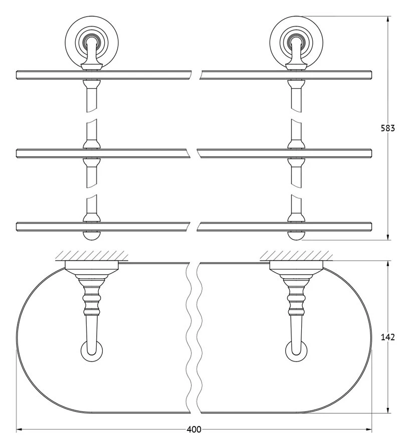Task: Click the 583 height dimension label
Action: point(388,128)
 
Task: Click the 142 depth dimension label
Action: point(388,337)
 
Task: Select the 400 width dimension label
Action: point(194,429)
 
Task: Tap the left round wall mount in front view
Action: point(92,42)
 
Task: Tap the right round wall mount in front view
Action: point(296,42)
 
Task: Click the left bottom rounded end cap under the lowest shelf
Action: point(92,236)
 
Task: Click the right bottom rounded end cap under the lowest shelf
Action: point(296,236)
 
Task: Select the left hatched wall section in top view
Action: point(92,256)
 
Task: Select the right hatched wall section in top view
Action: point(296,256)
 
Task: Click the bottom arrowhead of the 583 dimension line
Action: point(388,237)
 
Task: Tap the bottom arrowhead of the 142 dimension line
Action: point(388,409)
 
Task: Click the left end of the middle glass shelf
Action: point(17,153)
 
